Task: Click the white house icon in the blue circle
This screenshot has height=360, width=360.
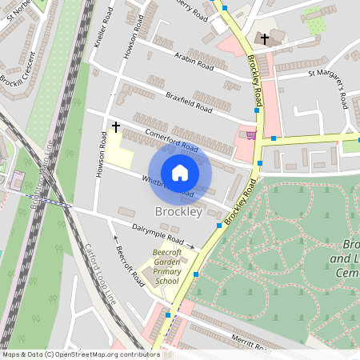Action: pos(180,173)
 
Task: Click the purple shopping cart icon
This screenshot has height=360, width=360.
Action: pos(253,135)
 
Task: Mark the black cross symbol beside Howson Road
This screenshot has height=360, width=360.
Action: pos(116,126)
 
